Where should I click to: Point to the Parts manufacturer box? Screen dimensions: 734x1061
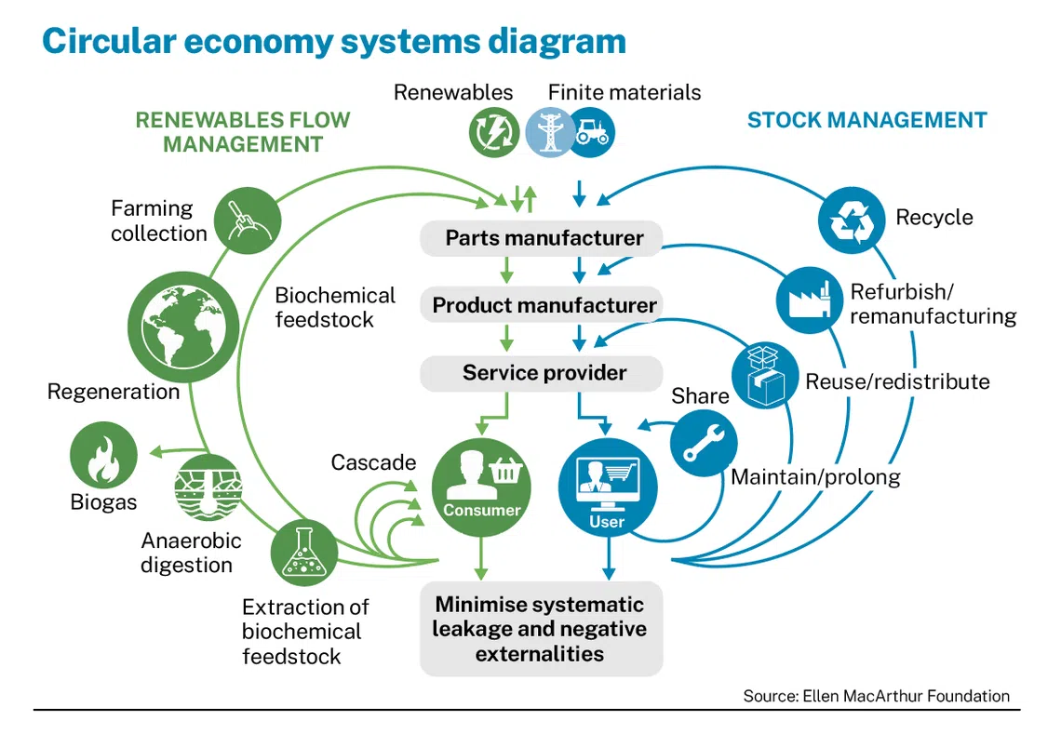[x=543, y=238]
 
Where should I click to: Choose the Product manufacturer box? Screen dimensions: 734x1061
[x=543, y=305]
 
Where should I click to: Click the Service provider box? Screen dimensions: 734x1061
[x=543, y=373]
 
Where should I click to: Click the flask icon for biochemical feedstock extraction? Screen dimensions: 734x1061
[x=304, y=553]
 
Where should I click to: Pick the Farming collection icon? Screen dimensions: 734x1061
[x=248, y=220]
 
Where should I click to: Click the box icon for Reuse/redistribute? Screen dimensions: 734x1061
[x=765, y=376]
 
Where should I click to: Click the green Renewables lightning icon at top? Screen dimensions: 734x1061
[x=493, y=131]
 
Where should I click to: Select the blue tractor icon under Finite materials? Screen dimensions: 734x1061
[x=590, y=131]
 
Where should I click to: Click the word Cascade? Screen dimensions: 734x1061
[x=373, y=462]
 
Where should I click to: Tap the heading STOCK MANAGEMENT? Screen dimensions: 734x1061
[x=866, y=120]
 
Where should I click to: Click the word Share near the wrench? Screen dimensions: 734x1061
[x=700, y=396]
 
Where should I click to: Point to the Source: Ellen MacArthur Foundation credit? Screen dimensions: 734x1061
[x=875, y=696]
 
